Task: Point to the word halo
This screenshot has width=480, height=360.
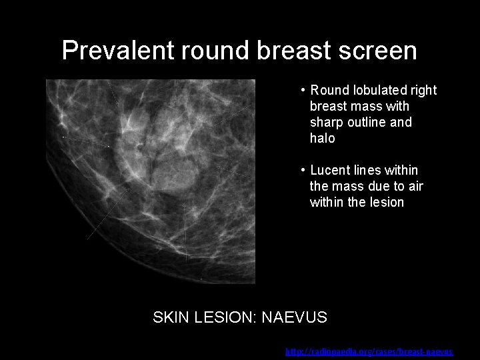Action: tap(322, 139)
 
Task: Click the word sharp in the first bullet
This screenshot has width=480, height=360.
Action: tap(326, 123)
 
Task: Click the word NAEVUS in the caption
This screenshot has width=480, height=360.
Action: tap(294, 317)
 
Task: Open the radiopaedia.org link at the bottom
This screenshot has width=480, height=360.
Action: tap(369, 351)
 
